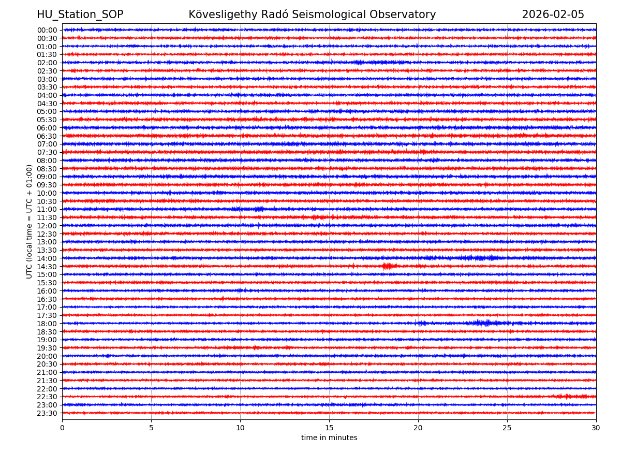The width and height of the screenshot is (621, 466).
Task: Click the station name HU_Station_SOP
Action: [x=80, y=14]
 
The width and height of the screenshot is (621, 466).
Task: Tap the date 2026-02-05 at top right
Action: [x=553, y=14]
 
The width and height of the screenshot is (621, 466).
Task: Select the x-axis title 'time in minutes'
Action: [x=329, y=438]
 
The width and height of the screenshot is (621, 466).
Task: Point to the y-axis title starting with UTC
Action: [x=29, y=221]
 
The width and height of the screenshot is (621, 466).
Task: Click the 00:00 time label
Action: [x=47, y=30]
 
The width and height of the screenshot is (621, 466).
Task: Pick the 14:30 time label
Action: [x=47, y=267]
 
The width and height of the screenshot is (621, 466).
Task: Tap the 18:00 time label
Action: [x=47, y=324]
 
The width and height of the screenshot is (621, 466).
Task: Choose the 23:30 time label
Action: [x=47, y=413]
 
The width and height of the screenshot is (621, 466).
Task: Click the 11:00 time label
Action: [x=47, y=209]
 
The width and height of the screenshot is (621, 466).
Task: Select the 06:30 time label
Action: [x=47, y=136]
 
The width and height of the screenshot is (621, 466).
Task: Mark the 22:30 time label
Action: [x=47, y=397]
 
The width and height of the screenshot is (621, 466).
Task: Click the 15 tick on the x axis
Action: [x=329, y=428]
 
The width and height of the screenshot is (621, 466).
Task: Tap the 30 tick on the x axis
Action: [x=596, y=428]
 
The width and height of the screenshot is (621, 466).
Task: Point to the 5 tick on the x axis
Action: [x=151, y=428]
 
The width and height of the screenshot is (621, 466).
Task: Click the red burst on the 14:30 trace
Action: [x=388, y=266]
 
